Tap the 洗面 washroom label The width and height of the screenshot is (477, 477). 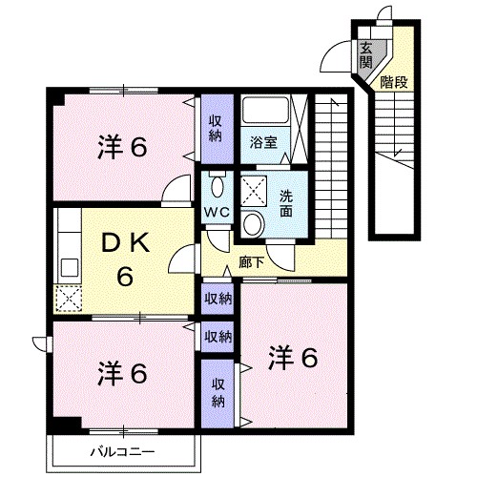(x=286, y=204)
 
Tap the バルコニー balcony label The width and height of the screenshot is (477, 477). (x=122, y=450)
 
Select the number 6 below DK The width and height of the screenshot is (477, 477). (x=124, y=278)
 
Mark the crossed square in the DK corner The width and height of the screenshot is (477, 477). (x=69, y=300)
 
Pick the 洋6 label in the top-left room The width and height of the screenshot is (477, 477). (x=122, y=148)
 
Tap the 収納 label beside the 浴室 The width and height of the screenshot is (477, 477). (x=218, y=128)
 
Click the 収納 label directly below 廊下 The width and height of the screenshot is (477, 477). (x=218, y=299)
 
